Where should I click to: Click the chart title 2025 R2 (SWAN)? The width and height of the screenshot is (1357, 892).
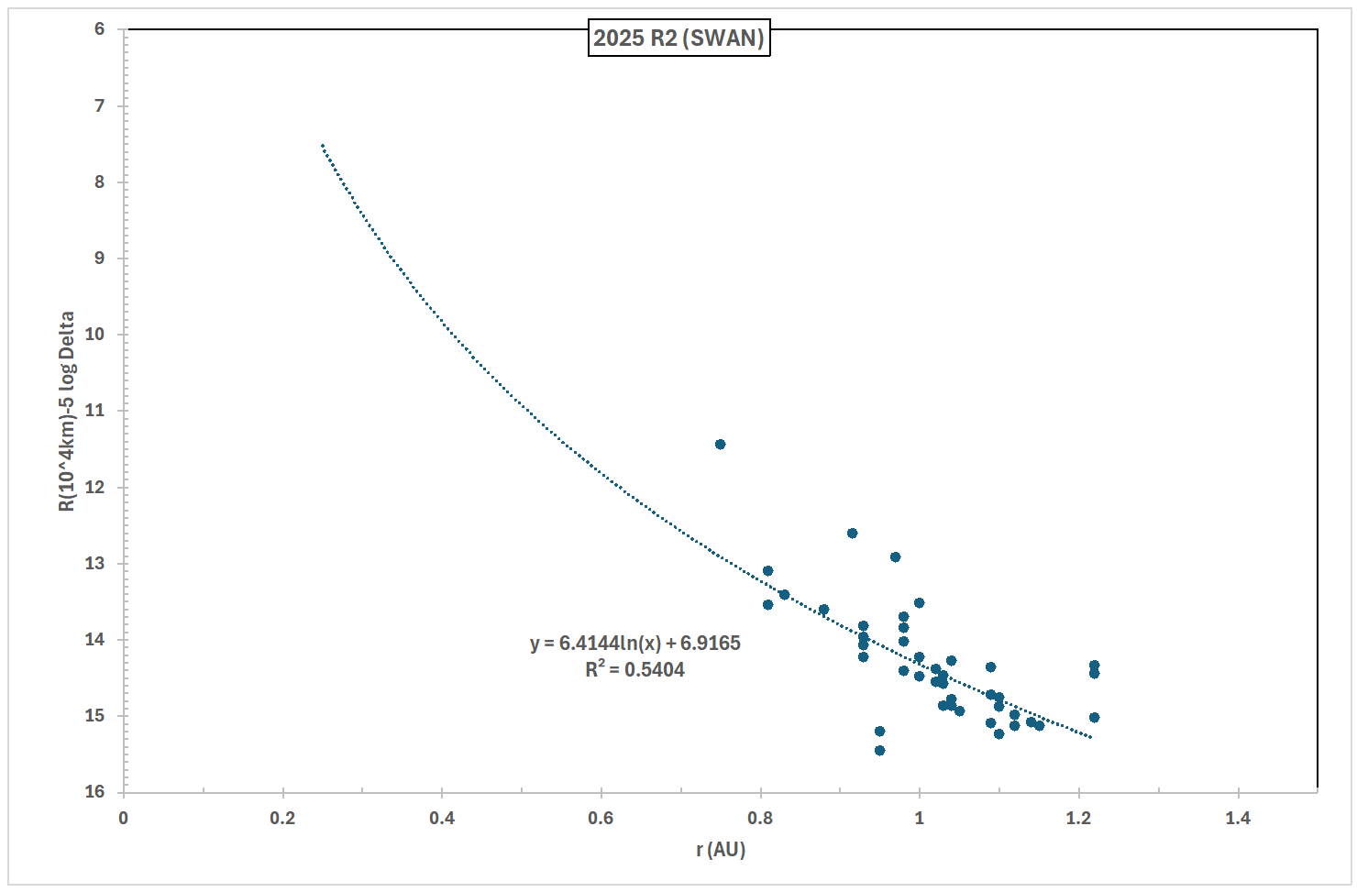point(678,39)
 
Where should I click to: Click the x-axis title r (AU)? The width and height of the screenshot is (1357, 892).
point(721,850)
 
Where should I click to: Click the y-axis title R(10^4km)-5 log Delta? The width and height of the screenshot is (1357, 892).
point(67,412)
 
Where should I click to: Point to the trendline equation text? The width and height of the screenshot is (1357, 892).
point(634,644)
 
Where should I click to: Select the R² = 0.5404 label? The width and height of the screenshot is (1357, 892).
point(634,670)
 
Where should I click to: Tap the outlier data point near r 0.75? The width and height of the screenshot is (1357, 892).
point(720,445)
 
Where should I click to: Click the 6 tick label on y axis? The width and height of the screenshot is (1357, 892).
point(99,29)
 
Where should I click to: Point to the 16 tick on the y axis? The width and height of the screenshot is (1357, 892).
point(95,791)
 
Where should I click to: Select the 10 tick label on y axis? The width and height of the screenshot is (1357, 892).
point(95,335)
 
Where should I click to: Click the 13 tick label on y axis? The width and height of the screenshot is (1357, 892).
point(95,563)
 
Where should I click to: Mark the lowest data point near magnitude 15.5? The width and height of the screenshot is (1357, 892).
point(879,750)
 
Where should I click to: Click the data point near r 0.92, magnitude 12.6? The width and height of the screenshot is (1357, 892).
point(852,534)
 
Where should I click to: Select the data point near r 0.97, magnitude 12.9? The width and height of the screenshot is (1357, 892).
point(895,557)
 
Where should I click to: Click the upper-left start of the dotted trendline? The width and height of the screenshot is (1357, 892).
point(323,146)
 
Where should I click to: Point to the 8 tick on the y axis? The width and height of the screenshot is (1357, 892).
point(99,182)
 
